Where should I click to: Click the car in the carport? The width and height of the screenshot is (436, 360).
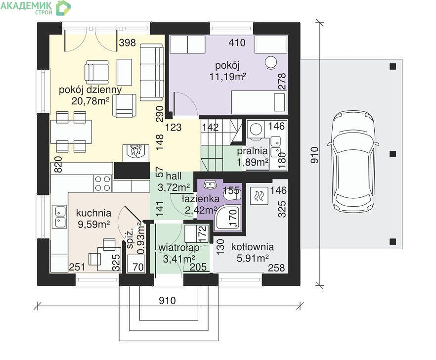[x=353, y=162]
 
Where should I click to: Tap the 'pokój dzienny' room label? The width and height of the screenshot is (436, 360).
[x=90, y=90]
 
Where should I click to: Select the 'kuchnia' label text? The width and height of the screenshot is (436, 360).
[x=93, y=213]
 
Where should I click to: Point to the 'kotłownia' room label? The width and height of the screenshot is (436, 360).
[x=252, y=247]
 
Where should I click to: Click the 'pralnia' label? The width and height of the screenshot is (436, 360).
[x=252, y=151]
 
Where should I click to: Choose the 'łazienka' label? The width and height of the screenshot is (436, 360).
[x=201, y=199]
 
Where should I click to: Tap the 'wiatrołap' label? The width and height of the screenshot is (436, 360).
[x=179, y=247]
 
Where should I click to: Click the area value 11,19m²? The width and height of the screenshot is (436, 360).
[x=227, y=77]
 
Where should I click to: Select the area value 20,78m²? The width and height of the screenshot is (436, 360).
[x=90, y=101]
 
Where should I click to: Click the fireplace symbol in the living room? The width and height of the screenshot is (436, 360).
[x=135, y=153]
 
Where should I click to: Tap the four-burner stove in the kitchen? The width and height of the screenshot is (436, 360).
[x=103, y=183]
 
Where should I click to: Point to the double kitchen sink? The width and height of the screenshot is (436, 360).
[x=59, y=217]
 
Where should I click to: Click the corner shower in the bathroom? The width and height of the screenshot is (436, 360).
[x=228, y=218]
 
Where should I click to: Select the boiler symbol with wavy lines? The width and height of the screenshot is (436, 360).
[x=259, y=196]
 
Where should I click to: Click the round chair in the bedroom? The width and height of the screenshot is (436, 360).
[x=270, y=62]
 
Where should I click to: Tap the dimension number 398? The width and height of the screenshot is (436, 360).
[x=127, y=43]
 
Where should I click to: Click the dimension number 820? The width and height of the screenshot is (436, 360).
[x=58, y=164]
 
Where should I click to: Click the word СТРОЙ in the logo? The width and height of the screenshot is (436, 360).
[x=44, y=12]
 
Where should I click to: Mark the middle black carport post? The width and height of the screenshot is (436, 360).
[x=392, y=154]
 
